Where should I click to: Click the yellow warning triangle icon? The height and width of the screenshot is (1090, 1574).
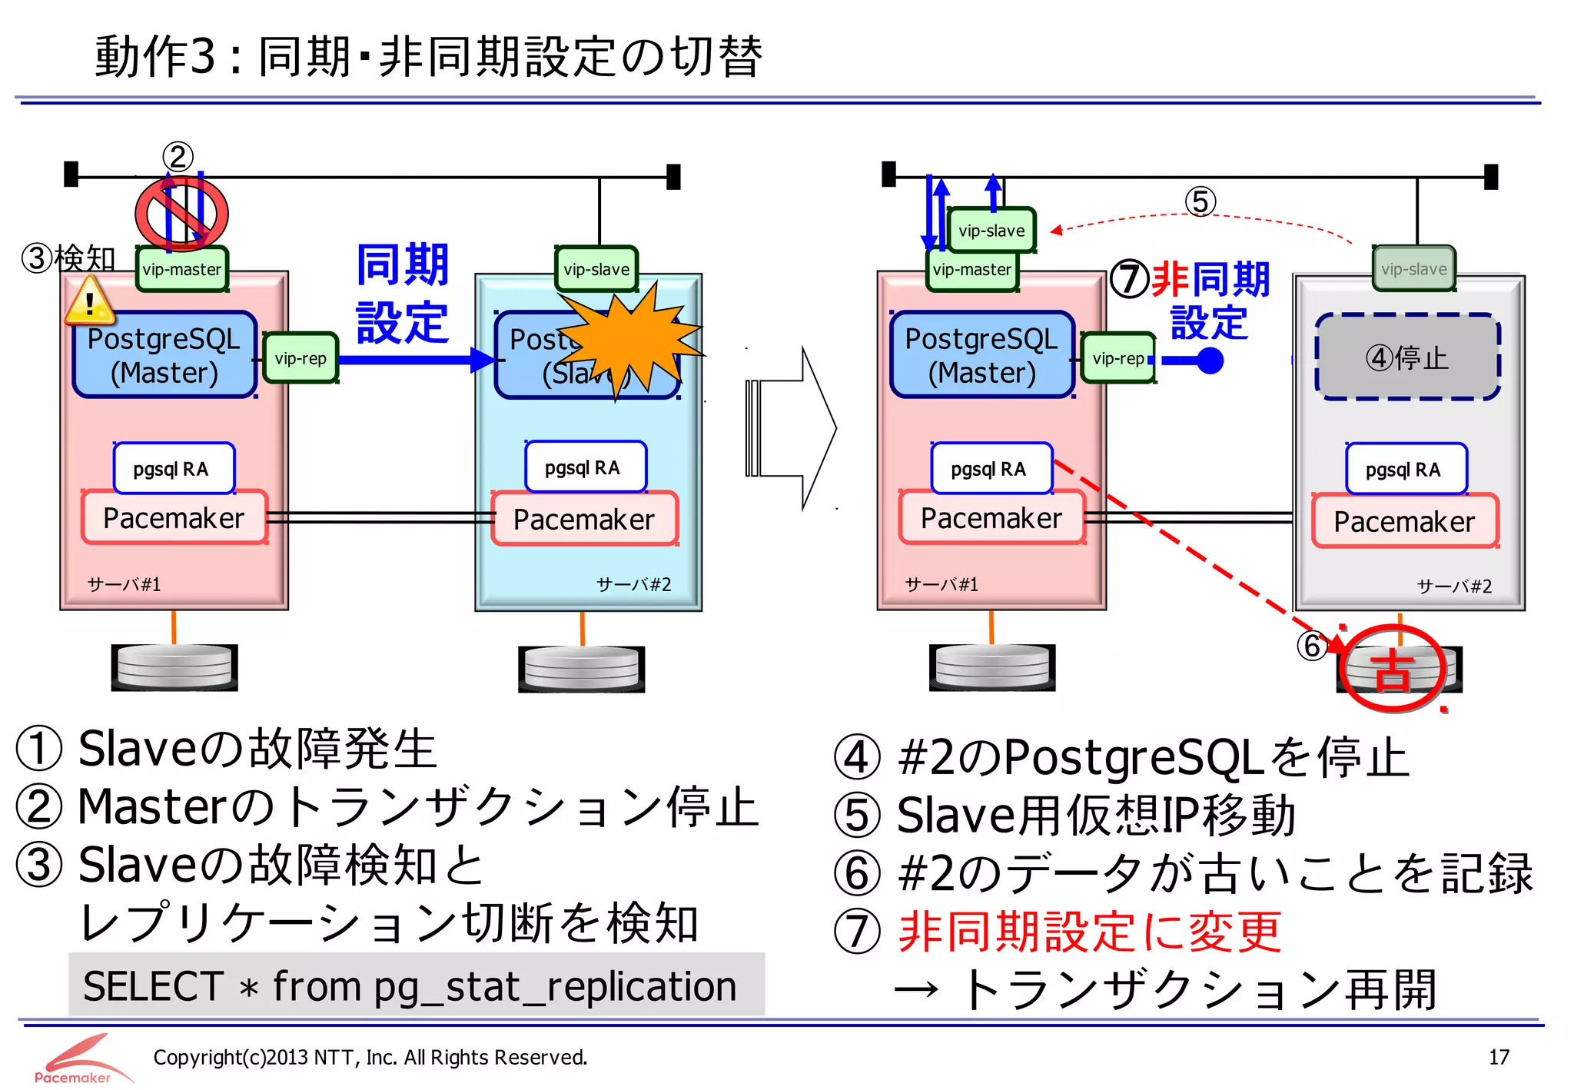[90, 301]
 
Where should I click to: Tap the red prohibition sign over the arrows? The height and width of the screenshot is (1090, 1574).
[181, 213]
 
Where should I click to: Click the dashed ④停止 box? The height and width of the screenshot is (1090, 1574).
[1407, 357]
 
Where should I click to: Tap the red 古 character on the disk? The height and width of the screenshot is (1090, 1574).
[1392, 670]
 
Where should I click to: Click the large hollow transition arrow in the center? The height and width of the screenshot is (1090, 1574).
[791, 428]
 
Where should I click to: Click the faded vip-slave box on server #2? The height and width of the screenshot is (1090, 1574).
[1413, 269]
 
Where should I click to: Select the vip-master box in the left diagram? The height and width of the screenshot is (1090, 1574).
[182, 269]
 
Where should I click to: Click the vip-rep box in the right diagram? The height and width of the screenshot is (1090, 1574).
[1118, 358]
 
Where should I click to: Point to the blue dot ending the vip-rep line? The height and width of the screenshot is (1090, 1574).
[1210, 360]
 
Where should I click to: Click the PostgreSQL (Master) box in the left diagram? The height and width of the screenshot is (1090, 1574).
[164, 355]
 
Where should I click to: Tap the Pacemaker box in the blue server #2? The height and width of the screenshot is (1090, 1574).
[584, 520]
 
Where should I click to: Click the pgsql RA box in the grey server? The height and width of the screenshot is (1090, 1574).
[1406, 469]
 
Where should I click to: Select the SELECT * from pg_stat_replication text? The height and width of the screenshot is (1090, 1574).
[410, 986]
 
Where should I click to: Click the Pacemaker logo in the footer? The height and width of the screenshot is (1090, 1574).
[81, 1059]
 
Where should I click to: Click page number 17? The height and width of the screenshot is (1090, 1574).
[1499, 1058]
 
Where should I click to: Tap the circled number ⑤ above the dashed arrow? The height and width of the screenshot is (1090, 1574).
[1200, 202]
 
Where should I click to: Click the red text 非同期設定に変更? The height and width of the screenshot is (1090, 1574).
[1089, 931]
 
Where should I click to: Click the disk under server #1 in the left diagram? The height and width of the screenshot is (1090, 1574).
[174, 666]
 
